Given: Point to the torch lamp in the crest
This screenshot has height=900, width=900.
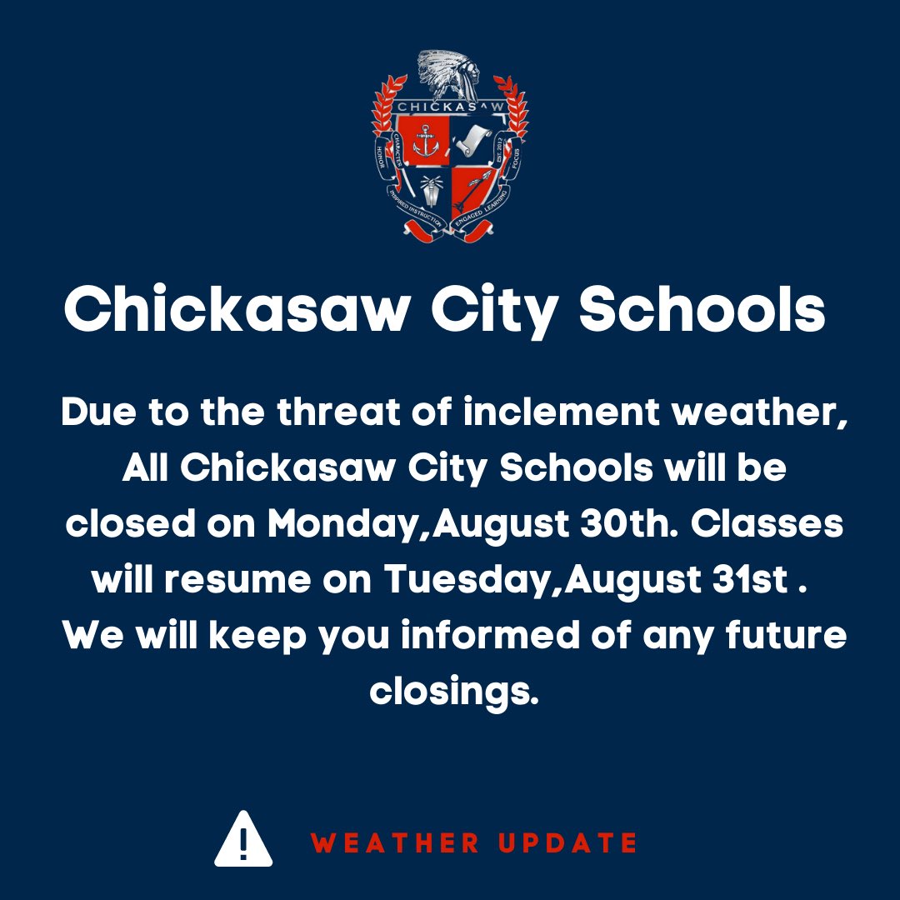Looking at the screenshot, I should pyautogui.click(x=431, y=192).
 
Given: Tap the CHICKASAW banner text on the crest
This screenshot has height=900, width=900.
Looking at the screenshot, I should pyautogui.click(x=450, y=107).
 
